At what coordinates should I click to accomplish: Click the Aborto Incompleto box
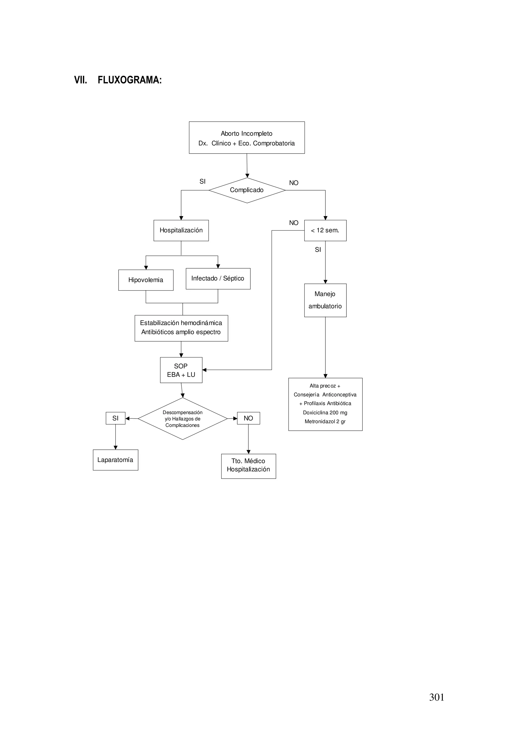pos(247,138)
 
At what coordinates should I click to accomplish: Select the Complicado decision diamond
pos(247,190)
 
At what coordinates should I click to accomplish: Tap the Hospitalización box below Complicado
pos(181,231)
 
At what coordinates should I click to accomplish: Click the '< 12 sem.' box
pos(325,231)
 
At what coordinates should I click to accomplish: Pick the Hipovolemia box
pos(146,280)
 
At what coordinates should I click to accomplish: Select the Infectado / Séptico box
pos(218,278)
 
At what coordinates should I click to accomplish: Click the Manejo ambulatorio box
pos(325,300)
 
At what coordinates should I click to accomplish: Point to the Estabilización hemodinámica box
pos(181,328)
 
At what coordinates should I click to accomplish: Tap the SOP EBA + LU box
pos(181,370)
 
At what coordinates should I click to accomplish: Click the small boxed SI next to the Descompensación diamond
pos(116,418)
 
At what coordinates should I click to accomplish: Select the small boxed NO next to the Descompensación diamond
pos(248,418)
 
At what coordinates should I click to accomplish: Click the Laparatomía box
pos(116,460)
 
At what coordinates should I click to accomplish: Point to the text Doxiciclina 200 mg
pos(325,413)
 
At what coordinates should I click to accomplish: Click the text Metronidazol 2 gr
pos(325,422)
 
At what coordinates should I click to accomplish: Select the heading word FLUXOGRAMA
pos(129,80)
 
